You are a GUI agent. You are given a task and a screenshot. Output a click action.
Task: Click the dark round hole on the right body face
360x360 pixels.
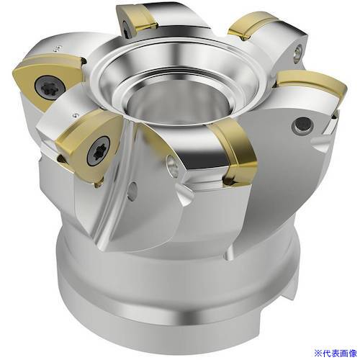[302, 125]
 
